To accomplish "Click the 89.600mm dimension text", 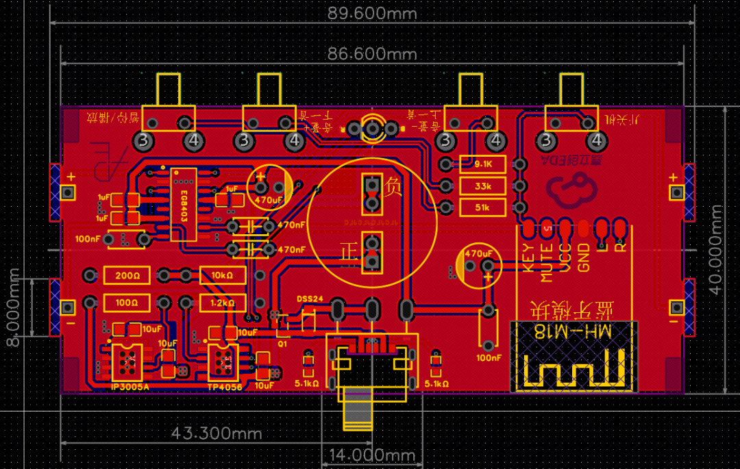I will tap(372, 13).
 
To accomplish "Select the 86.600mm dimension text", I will tap(372, 53).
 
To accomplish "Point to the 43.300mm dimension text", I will tap(217, 433).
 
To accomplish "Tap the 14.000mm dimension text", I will tap(372, 455).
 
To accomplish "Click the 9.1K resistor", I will tap(482, 164).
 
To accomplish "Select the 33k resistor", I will tap(482, 186).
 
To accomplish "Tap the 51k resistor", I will tap(482, 207).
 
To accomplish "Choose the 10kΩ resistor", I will tap(223, 275).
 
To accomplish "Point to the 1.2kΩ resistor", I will tap(223, 302).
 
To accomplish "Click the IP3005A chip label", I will tap(129, 387).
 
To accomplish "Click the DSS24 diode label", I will tap(310, 300).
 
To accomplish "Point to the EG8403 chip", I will tap(184, 204).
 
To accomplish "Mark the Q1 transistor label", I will tap(282, 344).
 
